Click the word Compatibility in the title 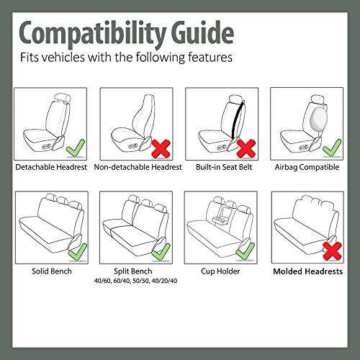coord(93,34)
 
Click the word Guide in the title coord(202,32)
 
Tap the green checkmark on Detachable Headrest coord(76,149)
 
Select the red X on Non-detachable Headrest coord(161,149)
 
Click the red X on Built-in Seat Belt coord(246,149)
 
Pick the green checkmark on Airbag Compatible coord(332,148)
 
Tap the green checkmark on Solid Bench coord(78,253)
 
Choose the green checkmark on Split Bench coord(161,253)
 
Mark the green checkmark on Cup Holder coord(246,252)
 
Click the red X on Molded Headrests coord(332,251)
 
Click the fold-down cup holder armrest coord(220,217)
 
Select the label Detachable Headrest coord(51,167)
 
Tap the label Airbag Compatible coord(307,167)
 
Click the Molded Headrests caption coord(308,271)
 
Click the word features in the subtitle coord(210,57)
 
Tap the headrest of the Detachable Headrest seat coord(63,98)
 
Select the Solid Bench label coord(52,271)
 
